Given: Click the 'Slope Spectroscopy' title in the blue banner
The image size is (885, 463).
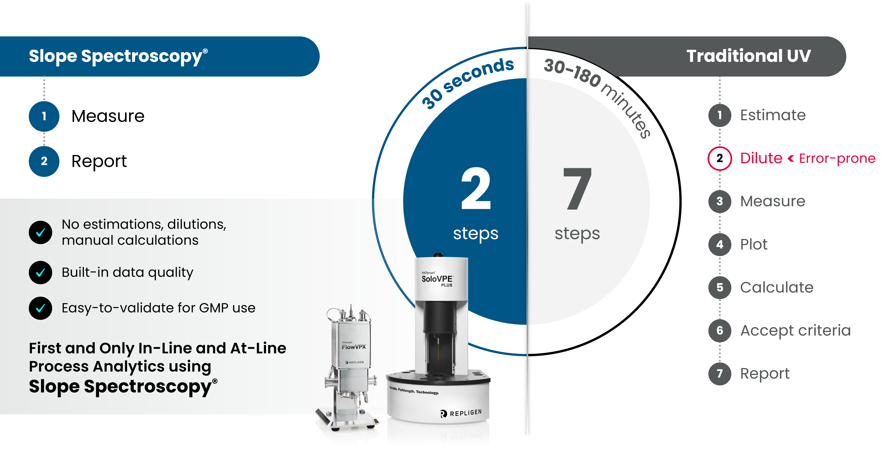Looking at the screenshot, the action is (118, 56).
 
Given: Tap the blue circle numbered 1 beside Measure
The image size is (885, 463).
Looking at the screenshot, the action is (44, 116).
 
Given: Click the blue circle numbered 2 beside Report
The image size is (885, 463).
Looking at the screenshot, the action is (44, 161).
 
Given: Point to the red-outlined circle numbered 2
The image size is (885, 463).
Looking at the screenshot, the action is (720, 158).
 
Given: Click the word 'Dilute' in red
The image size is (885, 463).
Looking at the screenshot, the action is (761, 158).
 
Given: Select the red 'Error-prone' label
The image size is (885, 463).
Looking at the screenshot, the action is (837, 158).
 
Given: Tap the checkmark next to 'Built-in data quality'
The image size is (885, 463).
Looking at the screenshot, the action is (41, 272).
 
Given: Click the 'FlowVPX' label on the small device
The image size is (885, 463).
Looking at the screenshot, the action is (354, 347).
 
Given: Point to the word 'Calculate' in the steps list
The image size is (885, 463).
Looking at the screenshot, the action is (777, 287).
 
